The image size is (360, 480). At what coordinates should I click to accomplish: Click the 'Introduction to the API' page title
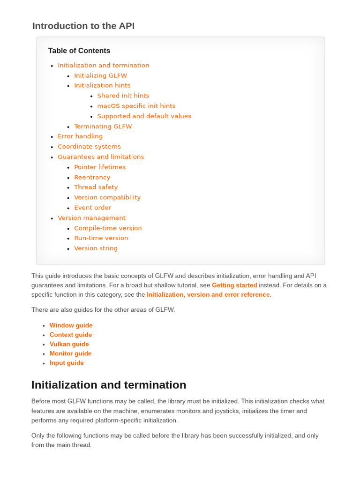point(83,26)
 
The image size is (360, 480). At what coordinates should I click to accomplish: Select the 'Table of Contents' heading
point(79,51)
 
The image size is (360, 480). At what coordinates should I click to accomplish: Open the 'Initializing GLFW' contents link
point(100,75)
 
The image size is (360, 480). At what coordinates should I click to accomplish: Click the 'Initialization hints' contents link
point(102,85)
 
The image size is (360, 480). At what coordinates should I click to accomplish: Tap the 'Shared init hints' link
point(123,96)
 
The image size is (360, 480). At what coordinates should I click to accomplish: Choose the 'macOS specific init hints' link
point(136,106)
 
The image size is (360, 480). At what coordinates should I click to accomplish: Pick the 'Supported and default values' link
point(144,116)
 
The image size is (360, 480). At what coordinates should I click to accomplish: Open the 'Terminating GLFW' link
point(103,127)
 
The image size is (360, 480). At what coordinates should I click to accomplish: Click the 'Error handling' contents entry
point(80,136)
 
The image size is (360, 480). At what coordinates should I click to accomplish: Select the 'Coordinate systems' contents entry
point(89,147)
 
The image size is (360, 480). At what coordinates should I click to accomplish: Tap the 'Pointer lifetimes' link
point(100,167)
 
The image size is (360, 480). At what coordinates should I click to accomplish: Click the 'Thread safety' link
point(96,187)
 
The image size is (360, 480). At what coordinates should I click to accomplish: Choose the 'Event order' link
point(92,208)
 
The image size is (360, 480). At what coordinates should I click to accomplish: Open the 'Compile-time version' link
point(108,228)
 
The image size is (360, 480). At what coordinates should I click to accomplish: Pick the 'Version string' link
point(96,248)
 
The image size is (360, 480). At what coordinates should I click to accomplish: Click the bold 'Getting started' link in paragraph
point(234,285)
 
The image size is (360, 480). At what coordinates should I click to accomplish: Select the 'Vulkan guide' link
point(69,344)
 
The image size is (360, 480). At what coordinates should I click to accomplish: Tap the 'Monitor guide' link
point(70,353)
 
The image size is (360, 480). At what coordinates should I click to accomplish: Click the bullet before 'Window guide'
point(44,326)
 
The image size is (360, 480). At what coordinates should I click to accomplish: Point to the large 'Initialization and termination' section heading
point(108,385)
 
